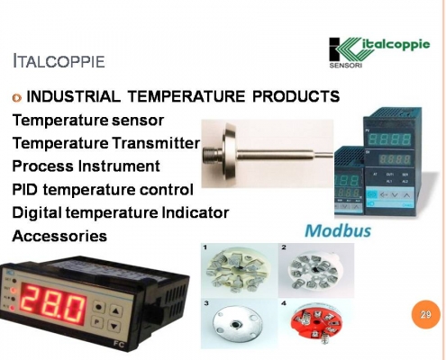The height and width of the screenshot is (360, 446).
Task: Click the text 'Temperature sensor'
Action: (86, 120)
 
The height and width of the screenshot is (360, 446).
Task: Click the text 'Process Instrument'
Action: (86, 166)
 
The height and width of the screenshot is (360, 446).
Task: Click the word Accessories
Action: (59, 237)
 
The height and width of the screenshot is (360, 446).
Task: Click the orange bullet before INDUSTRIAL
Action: (16, 96)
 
